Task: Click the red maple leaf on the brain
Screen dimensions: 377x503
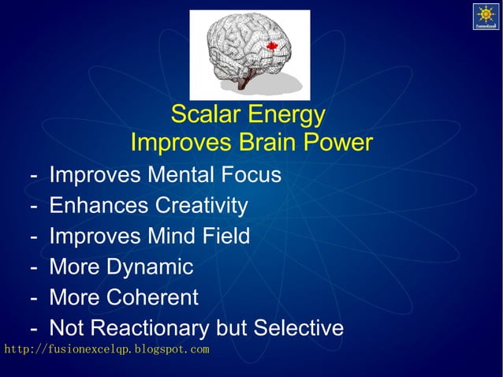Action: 273,47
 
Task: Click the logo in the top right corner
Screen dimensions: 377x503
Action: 485,17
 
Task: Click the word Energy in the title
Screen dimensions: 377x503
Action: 285,115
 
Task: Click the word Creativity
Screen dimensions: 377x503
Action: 201,206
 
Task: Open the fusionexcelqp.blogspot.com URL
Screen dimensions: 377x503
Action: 106,349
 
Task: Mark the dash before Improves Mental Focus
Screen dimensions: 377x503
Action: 34,175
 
